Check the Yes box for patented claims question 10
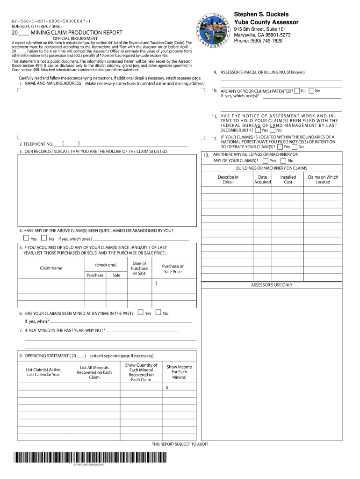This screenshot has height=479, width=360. pos(297,91)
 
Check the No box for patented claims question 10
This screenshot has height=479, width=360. pos(312,91)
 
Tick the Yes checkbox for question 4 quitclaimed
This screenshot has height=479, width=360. pos(26,239)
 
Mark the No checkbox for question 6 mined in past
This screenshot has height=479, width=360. pos(158,313)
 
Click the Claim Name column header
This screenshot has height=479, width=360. pos(51,268)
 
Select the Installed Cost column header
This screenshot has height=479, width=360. pos(288,180)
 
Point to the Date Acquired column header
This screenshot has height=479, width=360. pos(262,180)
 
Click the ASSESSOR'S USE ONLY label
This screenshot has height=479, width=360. pos(272,285)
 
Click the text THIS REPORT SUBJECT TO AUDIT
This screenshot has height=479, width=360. pos(180,444)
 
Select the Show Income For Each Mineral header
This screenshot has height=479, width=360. pos(179,372)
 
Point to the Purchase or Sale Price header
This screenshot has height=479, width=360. pos(173,269)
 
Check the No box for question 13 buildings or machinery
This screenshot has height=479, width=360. pos(283,160)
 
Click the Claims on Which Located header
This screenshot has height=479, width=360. pos(323,180)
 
